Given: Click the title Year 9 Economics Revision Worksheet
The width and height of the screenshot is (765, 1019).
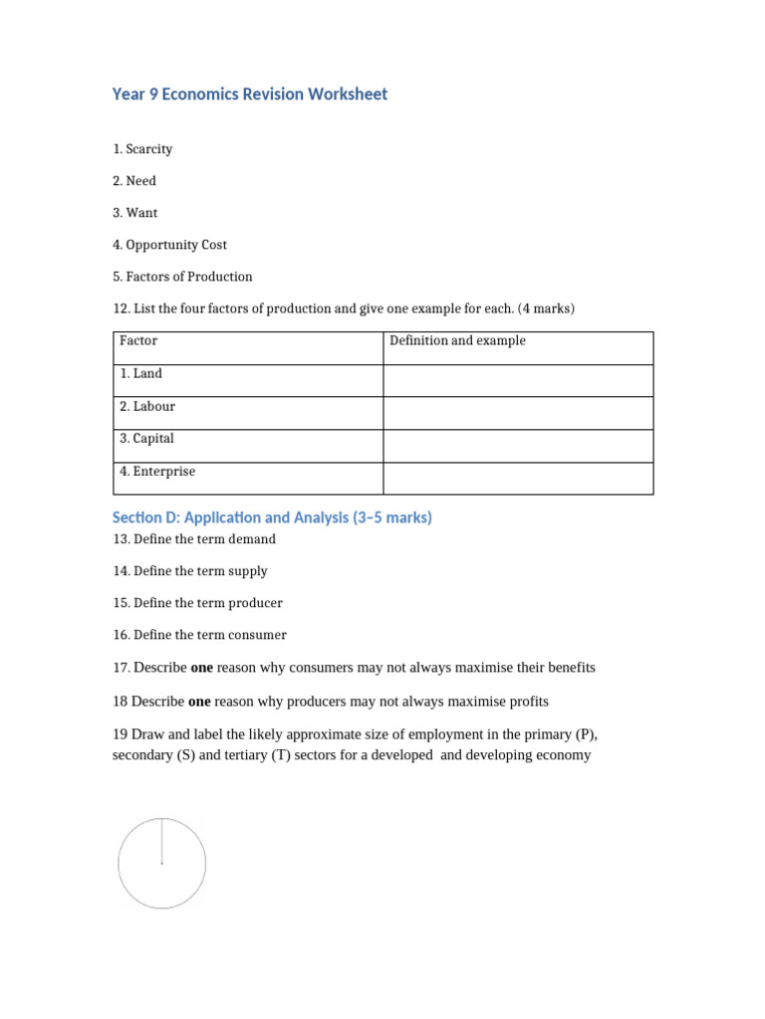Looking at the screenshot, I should click(x=250, y=95).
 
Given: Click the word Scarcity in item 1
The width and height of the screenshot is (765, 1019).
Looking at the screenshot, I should click(x=149, y=149).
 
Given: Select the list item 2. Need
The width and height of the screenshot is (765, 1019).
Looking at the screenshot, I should click(x=134, y=181).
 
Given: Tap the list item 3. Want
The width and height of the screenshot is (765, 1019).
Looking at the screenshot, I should click(x=135, y=213).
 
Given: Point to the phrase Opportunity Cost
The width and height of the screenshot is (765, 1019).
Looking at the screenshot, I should click(x=176, y=245).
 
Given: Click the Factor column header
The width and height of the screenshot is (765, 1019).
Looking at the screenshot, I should click(x=138, y=341).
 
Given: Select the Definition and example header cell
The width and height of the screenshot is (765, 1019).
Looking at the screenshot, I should click(x=457, y=341).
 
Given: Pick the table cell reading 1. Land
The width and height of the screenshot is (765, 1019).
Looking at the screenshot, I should click(x=140, y=374).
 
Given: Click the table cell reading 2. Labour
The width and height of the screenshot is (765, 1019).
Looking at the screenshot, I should click(x=147, y=407).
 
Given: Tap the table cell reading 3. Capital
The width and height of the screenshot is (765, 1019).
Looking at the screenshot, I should click(x=146, y=439).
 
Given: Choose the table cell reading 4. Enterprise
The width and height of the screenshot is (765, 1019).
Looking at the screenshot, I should click(x=157, y=472).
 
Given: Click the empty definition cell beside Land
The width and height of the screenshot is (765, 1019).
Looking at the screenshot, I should click(x=518, y=380).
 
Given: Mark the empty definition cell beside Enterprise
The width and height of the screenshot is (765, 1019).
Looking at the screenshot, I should click(x=518, y=478).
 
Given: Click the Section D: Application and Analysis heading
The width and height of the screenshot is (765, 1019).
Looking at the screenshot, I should click(x=272, y=518).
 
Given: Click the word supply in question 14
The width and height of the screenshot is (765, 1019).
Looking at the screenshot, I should click(x=249, y=571).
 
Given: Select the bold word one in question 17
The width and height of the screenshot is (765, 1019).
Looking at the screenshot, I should click(x=201, y=668).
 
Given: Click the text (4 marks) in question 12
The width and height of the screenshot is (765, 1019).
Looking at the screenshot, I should click(x=546, y=308).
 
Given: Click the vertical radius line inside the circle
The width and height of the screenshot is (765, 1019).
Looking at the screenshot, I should click(x=162, y=841).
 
